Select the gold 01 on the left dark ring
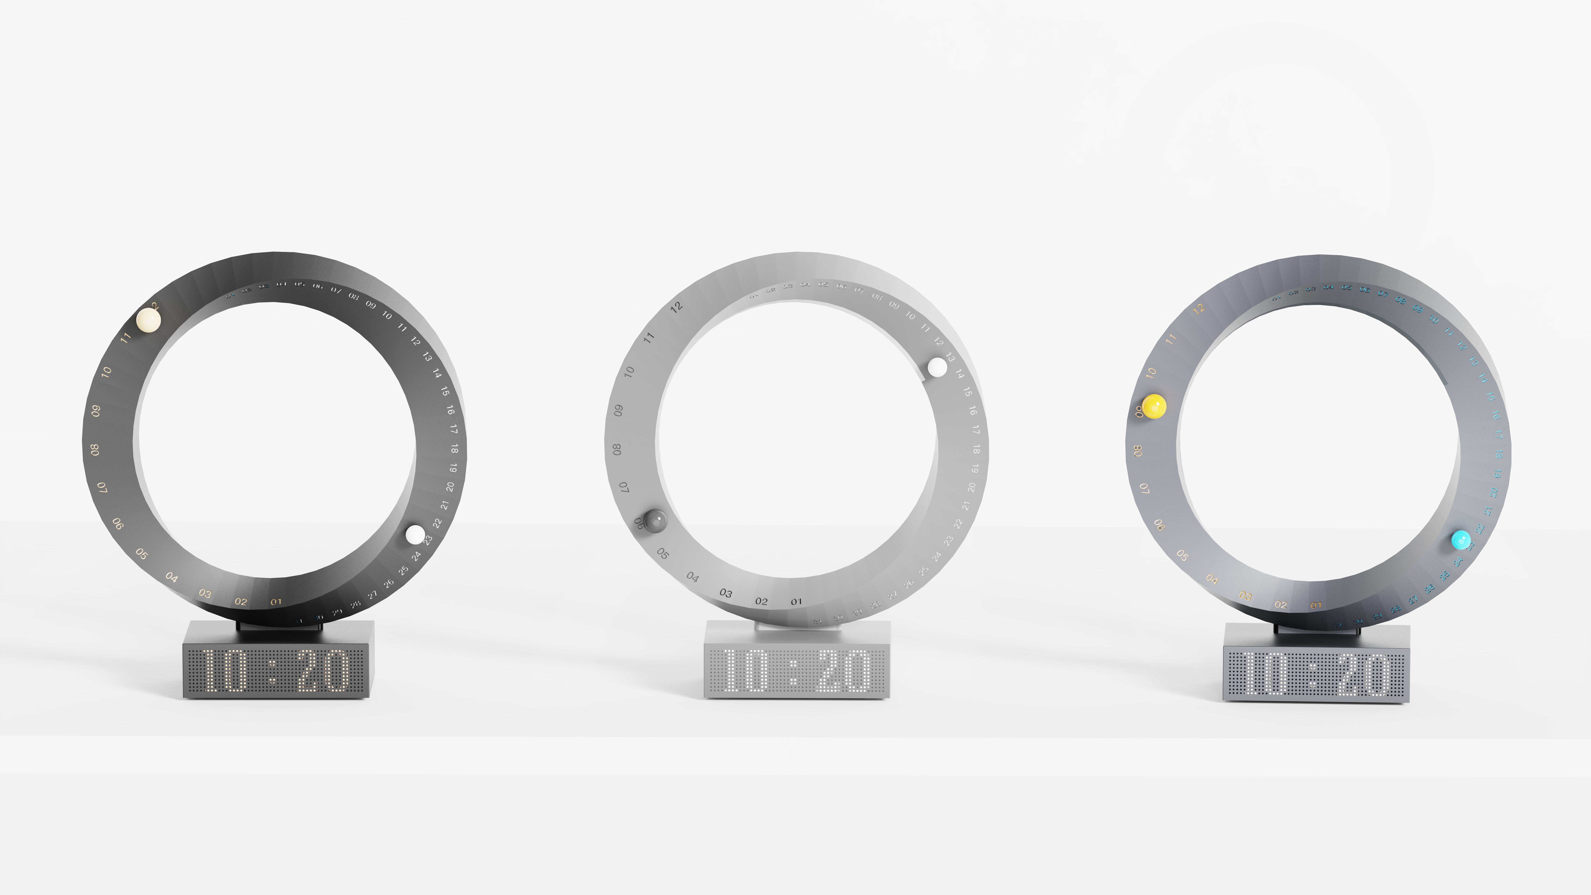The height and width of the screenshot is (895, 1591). pyautogui.click(x=276, y=602)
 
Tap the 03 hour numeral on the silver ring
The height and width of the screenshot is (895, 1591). pyautogui.click(x=726, y=594)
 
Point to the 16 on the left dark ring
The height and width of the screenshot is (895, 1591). pyautogui.click(x=450, y=410)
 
